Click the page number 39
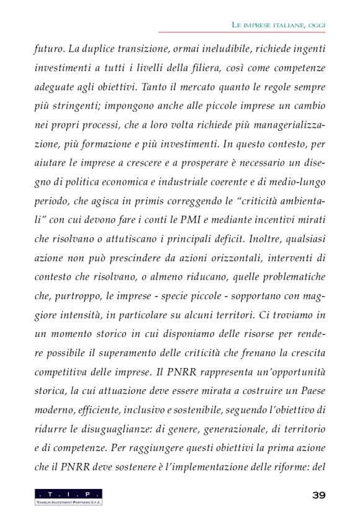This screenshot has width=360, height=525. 318,494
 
